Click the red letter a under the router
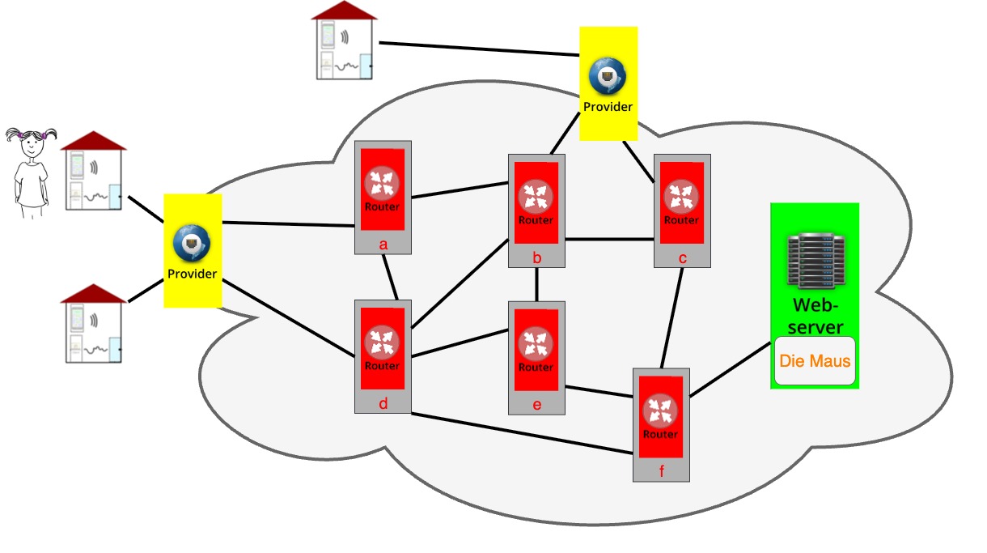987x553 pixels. (x=383, y=244)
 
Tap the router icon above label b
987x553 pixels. (x=536, y=195)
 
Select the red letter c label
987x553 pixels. (x=683, y=257)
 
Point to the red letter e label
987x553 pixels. (x=536, y=405)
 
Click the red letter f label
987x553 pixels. (x=662, y=471)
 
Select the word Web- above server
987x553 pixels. (x=815, y=306)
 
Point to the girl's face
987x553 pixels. (x=32, y=146)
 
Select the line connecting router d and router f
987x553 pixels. (x=522, y=432)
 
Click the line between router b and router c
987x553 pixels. (x=609, y=239)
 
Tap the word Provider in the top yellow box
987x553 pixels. (x=608, y=106)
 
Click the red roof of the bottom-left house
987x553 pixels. (x=94, y=293)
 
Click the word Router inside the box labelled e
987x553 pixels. (x=536, y=367)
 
